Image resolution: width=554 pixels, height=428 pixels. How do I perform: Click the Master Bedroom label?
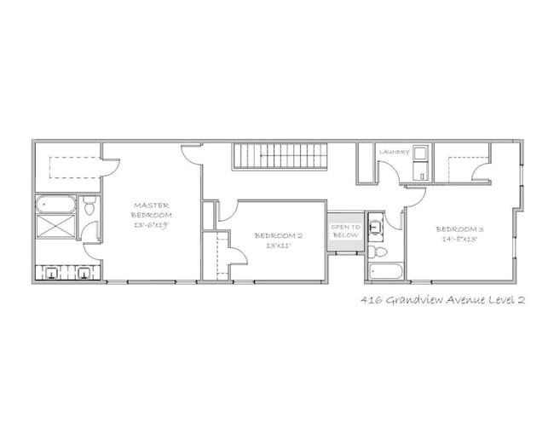(x=153, y=210)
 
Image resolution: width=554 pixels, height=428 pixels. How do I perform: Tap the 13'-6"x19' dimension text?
(x=153, y=224)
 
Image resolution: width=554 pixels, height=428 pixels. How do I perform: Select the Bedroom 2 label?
(x=278, y=235)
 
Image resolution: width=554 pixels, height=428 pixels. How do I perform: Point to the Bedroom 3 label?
(x=459, y=228)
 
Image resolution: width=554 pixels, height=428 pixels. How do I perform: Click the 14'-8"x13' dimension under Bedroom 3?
(x=459, y=240)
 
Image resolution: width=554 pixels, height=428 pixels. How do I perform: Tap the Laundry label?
(x=395, y=152)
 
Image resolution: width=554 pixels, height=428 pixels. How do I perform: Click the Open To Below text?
(x=345, y=230)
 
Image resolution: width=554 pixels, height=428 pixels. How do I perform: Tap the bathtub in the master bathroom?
(x=55, y=205)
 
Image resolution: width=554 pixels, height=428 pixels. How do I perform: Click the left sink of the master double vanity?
(x=53, y=273)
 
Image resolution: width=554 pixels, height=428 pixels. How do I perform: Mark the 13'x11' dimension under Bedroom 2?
(x=278, y=246)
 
